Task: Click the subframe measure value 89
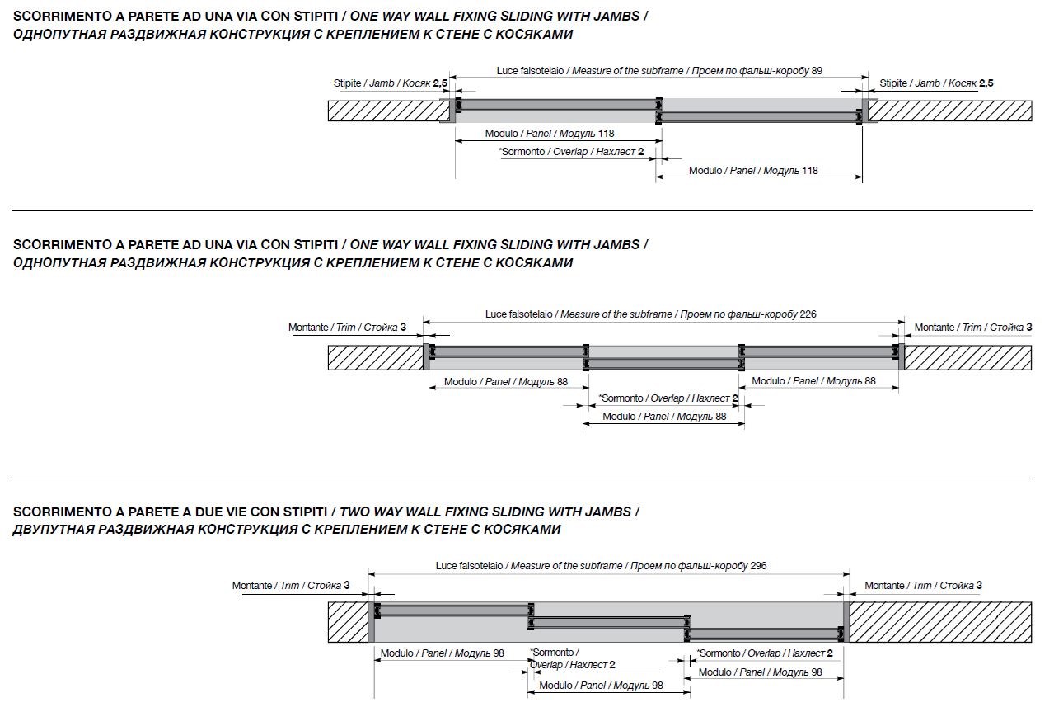(x=817, y=71)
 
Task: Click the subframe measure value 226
(x=808, y=314)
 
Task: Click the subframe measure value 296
(x=758, y=566)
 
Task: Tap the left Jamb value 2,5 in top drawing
(x=440, y=83)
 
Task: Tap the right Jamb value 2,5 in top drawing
(x=986, y=83)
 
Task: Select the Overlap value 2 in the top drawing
(x=641, y=152)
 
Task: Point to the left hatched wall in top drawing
(x=389, y=111)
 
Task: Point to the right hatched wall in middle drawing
(x=968, y=357)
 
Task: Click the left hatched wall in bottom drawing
(x=348, y=622)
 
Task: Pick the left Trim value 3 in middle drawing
(x=403, y=327)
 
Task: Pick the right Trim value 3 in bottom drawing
(x=979, y=585)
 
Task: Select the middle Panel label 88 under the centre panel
(x=664, y=417)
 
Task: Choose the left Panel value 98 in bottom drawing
(x=499, y=653)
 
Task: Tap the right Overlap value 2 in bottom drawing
(x=830, y=653)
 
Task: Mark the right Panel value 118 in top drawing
(x=810, y=171)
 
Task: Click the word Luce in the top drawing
(x=508, y=71)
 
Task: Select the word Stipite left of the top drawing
(x=347, y=83)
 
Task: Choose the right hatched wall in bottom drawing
(x=940, y=622)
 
